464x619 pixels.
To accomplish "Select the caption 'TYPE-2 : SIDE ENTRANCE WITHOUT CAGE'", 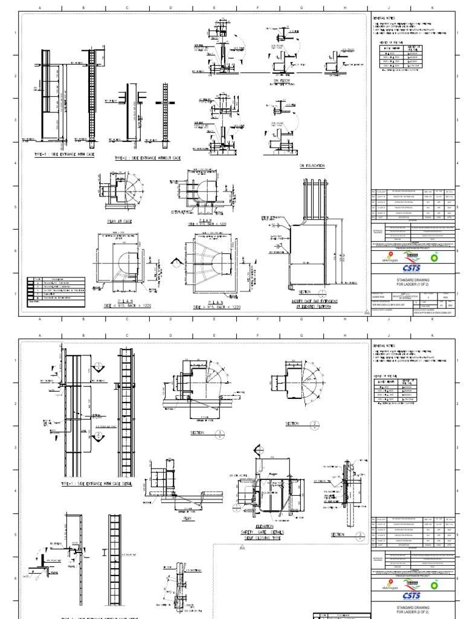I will (147, 158).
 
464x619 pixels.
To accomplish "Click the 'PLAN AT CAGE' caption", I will (120, 222).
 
